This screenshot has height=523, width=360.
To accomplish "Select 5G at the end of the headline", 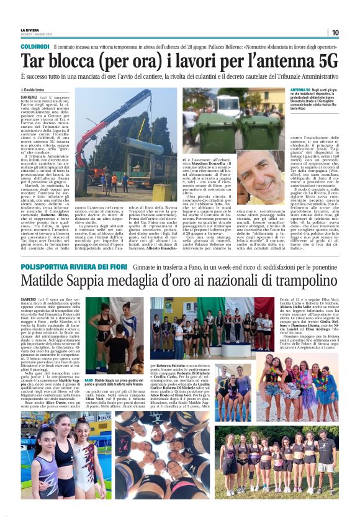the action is point(325,61).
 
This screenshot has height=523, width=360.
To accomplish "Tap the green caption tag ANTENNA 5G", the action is point(300,91).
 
